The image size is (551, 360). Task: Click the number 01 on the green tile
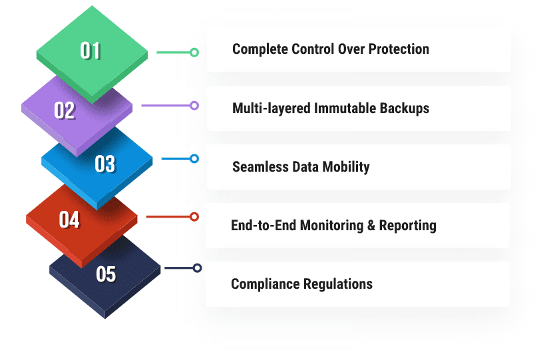click(91, 51)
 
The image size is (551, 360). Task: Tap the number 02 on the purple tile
click(65, 110)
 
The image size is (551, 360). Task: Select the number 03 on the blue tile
click(105, 164)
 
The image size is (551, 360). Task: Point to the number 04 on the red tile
click(69, 219)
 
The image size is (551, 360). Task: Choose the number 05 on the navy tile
click(106, 273)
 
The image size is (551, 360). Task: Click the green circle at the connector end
click(194, 52)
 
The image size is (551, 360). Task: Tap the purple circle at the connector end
click(194, 105)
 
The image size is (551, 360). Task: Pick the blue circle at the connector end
click(194, 158)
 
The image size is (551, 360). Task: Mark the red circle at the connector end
click(194, 216)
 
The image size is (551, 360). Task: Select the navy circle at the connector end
click(197, 268)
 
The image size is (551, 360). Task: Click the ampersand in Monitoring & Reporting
click(371, 225)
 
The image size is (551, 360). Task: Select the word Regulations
click(337, 284)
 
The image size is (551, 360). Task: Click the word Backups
click(404, 108)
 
